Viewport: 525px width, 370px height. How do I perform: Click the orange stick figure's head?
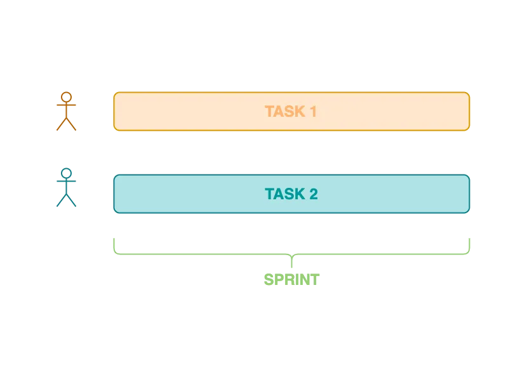click(67, 98)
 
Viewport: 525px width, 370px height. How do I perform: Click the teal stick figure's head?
click(67, 174)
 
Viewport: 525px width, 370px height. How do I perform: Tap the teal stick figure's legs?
click(67, 201)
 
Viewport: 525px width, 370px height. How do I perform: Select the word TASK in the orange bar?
click(283, 112)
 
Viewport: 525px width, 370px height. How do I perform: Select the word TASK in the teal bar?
click(283, 194)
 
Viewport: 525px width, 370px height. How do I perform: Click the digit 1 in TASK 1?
click(312, 112)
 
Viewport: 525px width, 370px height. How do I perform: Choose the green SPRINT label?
click(291, 280)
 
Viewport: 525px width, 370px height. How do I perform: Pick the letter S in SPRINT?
click(269, 280)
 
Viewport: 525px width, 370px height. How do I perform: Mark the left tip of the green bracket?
click(114, 237)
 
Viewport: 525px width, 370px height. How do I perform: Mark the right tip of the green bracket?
click(470, 237)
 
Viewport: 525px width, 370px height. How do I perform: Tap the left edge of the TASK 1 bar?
click(114, 112)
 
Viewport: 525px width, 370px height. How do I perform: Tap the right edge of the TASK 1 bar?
click(470, 112)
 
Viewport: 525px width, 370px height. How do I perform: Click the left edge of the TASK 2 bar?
click(114, 194)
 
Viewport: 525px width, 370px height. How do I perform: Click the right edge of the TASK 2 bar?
click(470, 194)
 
